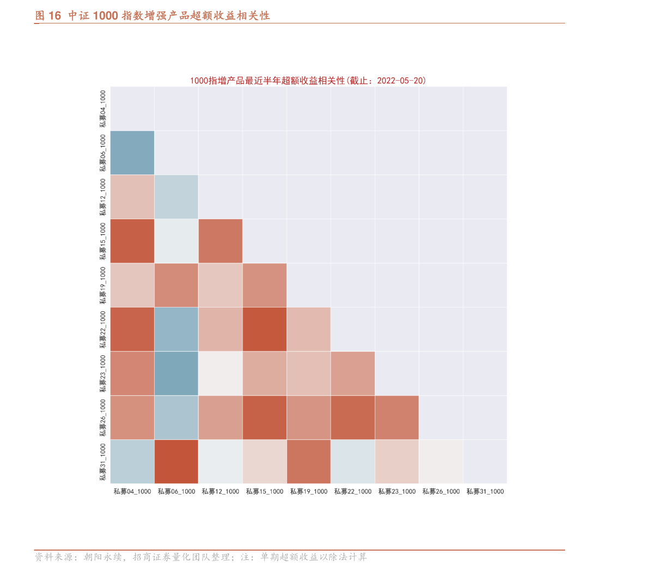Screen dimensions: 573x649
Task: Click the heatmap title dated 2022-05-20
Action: (x=308, y=81)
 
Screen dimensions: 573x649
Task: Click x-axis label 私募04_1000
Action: (x=132, y=492)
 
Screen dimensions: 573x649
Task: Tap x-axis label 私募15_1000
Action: (x=265, y=492)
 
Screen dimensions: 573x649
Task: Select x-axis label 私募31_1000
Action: (x=485, y=492)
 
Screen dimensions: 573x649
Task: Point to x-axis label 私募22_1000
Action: (x=353, y=492)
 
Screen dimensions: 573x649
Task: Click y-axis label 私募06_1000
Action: (x=103, y=153)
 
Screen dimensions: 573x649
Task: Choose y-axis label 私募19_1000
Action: (x=103, y=286)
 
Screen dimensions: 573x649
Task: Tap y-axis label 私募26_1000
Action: (x=103, y=418)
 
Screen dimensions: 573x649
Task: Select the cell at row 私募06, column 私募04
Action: (x=132, y=153)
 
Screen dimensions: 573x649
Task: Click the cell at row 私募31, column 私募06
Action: (x=177, y=461)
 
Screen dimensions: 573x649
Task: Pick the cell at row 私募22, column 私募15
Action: (x=265, y=329)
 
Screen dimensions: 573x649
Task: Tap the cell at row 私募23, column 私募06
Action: (x=177, y=373)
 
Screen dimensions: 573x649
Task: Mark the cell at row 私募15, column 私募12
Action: (x=221, y=241)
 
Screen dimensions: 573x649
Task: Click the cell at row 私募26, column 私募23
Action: (x=397, y=418)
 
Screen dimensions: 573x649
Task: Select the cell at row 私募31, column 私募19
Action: (x=309, y=461)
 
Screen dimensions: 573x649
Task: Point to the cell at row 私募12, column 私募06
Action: (x=177, y=197)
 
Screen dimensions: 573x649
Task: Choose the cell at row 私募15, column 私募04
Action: (x=132, y=241)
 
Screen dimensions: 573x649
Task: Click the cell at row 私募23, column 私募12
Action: (x=221, y=373)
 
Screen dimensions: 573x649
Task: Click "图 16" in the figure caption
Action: (x=48, y=16)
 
